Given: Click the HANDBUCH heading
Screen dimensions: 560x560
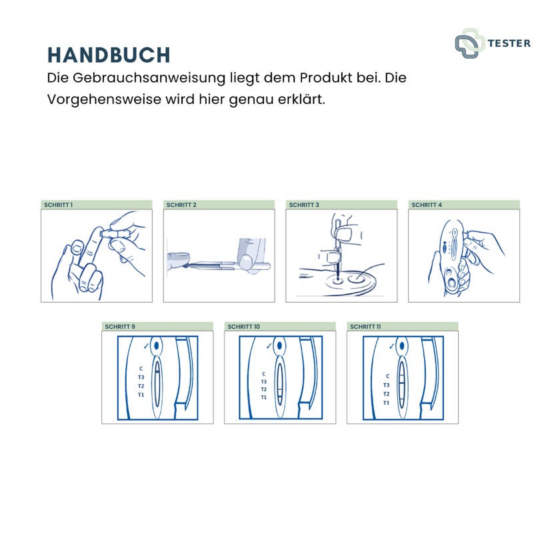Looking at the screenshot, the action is coord(109,55).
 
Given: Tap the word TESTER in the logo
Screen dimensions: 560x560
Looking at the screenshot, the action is coord(509,43).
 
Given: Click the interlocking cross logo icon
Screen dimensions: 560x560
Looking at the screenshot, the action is coord(469,43).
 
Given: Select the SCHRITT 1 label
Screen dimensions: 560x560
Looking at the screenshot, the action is coord(58,205).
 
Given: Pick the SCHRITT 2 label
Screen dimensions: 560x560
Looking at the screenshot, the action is coord(181,205).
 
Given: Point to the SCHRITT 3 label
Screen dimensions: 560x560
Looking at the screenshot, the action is coord(304,205).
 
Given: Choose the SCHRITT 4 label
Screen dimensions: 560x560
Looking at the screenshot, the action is coord(427,205).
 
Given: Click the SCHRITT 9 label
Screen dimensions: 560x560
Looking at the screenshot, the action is coord(120,327).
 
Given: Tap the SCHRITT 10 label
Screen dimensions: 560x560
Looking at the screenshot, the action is coord(243,327).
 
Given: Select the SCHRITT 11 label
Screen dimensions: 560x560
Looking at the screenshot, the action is coord(365,327).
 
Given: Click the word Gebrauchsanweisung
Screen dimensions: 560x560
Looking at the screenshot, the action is coord(149,78).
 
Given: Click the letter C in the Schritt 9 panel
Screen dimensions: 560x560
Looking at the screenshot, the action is coord(141,369).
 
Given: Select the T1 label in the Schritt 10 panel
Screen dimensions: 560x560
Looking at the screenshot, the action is coord(263,397).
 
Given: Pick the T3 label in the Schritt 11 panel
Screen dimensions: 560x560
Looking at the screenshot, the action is coord(386,385).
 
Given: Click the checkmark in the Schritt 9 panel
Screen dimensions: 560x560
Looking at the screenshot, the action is coord(146,346).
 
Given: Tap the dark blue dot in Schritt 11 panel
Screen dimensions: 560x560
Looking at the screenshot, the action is coord(402,346).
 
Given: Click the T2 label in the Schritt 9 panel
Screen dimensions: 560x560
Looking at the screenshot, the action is coord(141,386).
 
